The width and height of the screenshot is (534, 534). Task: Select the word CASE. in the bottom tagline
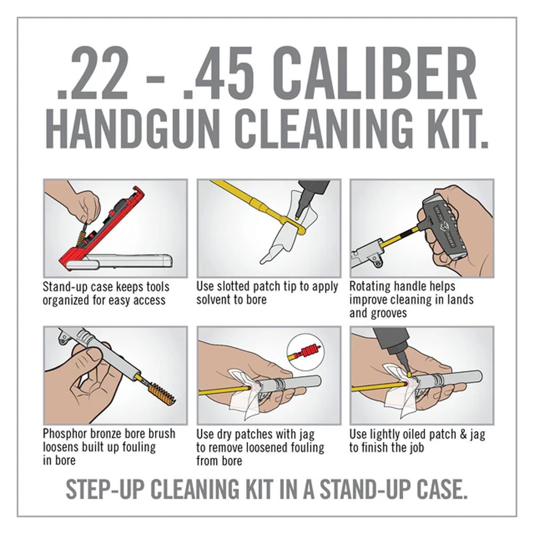coord(442,489)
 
